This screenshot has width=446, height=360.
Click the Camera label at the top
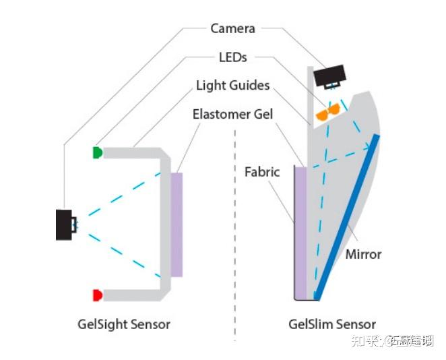(232, 28)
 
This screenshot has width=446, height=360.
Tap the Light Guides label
(232, 86)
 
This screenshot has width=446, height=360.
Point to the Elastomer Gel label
(232, 114)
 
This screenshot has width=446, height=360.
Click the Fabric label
(262, 172)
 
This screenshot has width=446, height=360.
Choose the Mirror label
(363, 254)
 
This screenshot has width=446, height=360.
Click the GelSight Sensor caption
(124, 324)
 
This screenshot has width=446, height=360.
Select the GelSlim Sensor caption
(332, 324)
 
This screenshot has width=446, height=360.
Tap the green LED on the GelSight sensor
(97, 152)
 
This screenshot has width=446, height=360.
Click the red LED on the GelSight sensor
(97, 295)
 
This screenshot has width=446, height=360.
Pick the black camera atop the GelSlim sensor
(328, 76)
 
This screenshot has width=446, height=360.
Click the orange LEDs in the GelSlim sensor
(328, 112)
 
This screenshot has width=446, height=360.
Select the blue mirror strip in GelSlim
(347, 216)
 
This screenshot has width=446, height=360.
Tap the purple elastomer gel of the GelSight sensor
(177, 224)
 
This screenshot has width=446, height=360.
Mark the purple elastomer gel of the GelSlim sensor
(301, 233)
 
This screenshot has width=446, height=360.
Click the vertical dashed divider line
(235, 236)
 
